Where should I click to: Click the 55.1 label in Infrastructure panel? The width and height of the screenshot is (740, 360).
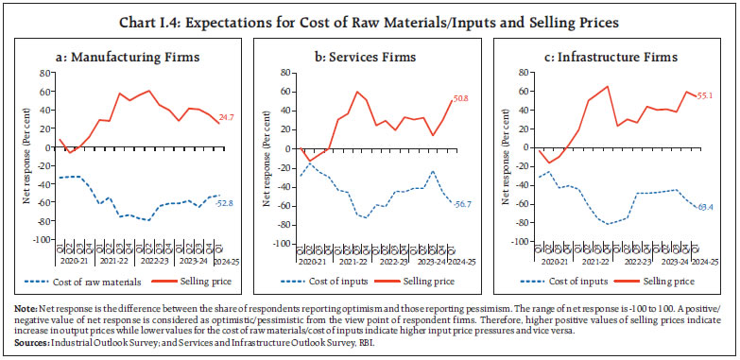pos(706,96)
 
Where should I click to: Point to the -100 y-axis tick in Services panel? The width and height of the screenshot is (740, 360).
pos(279,244)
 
